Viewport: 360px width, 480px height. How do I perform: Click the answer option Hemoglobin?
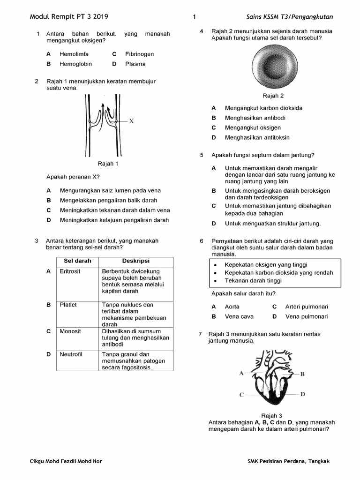pos(75,64)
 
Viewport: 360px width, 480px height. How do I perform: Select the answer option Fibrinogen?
pos(139,54)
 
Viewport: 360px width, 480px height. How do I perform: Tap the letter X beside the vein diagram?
pos(132,121)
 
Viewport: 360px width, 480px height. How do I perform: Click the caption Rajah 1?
pos(108,164)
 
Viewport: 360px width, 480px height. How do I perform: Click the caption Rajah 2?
pos(273,96)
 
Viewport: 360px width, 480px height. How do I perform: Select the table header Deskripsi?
pos(136,261)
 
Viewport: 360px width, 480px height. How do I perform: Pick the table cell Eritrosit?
pos(70,271)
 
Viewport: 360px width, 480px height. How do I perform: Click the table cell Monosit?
pos(70,331)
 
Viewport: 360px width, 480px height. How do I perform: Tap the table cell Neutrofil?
pos(71,354)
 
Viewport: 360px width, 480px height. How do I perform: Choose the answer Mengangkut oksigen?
pos(253,127)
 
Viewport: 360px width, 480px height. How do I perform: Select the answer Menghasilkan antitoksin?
pos(257,137)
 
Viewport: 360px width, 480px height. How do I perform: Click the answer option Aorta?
pos(232,307)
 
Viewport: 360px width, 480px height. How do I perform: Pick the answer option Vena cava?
pos(239,316)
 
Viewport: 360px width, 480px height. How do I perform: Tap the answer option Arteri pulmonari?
pos(307,307)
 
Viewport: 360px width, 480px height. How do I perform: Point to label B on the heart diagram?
pos(303,374)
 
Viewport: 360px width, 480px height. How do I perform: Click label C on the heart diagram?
pos(241,395)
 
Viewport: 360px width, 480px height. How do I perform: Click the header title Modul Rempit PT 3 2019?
pos(69,17)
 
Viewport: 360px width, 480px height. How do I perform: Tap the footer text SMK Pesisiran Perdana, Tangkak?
pos(288,461)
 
